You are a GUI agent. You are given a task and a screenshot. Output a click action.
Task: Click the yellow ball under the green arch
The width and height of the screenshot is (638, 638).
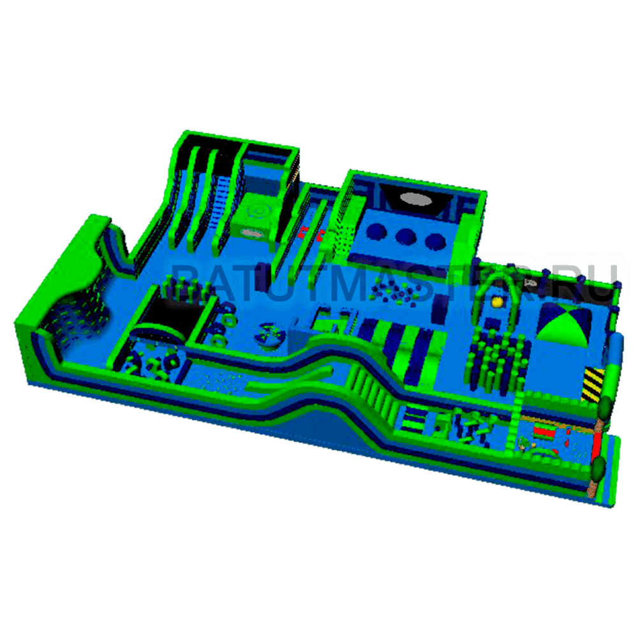tap(496, 302)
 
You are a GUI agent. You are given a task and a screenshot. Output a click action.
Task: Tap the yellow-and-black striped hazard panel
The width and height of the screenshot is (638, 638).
tap(593, 384)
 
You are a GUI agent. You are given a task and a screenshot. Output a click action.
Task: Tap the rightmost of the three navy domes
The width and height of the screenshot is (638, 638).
tap(435, 241)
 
